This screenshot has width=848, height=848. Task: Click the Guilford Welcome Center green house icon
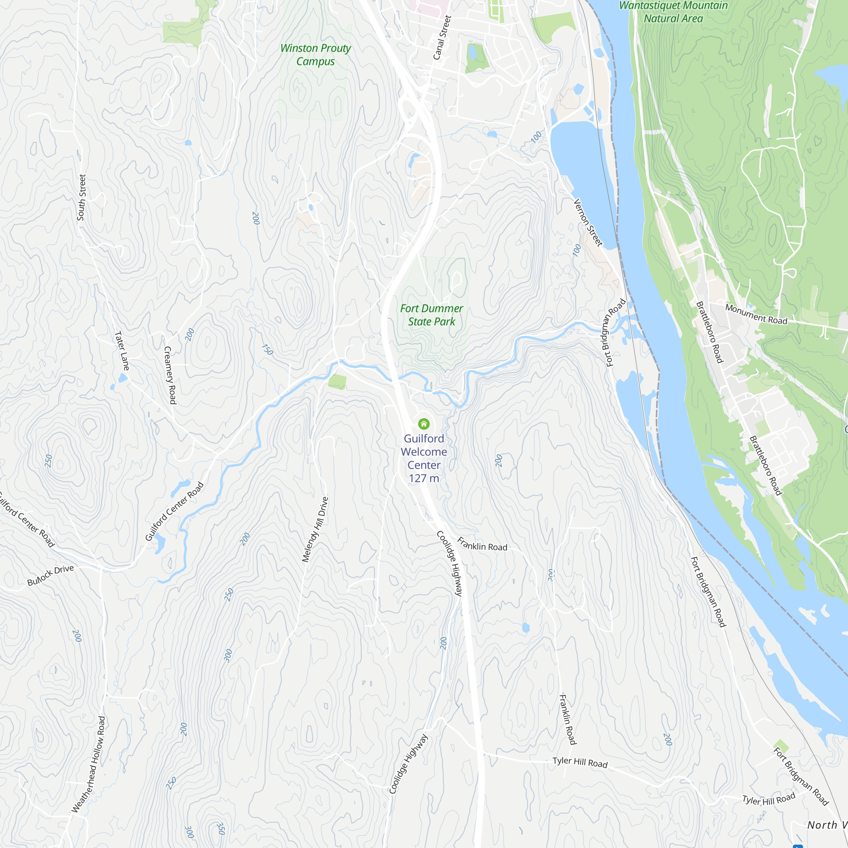pos(424,424)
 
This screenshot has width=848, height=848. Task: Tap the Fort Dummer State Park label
pos(432,315)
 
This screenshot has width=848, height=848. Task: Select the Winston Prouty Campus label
pos(315,54)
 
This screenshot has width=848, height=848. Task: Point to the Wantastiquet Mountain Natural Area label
pos(673,12)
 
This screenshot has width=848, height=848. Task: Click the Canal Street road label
pos(442,38)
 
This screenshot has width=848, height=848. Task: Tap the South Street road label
pos(82,198)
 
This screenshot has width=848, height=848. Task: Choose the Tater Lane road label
pos(122,351)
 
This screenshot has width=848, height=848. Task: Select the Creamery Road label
pos(170,375)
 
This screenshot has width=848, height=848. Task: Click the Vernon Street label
pos(589,223)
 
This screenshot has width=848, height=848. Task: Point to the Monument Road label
pos(756,314)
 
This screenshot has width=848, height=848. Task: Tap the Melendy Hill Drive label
pos(315,529)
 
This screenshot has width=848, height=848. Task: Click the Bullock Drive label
pos(50,575)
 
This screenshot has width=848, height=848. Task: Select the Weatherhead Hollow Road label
pos(89,764)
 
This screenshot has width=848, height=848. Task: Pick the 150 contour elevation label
pos(267,349)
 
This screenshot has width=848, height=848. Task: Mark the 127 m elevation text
pos(424,478)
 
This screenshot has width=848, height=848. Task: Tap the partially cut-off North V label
pos(827,825)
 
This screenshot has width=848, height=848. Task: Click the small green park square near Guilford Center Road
pos(337,382)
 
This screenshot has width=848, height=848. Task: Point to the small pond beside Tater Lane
pos(123,378)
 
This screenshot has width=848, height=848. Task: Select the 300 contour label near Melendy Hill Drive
pos(228,656)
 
